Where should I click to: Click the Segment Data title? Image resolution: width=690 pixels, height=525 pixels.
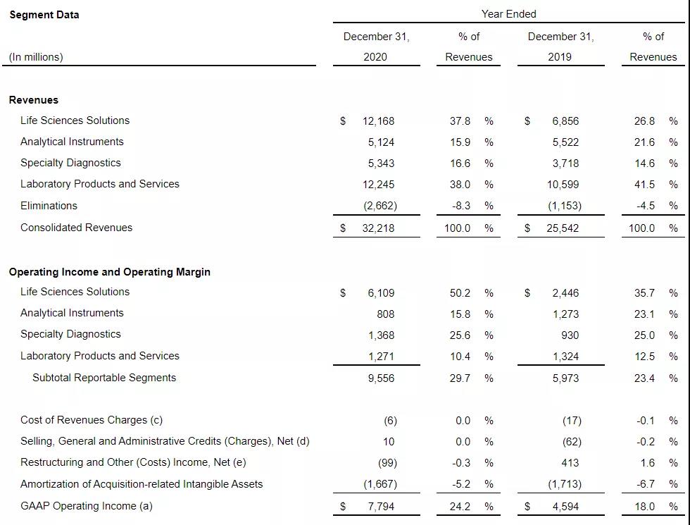pos(44,15)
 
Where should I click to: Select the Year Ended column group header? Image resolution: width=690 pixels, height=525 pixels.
pos(508,14)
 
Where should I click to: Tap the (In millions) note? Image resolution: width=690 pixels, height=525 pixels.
pos(36,57)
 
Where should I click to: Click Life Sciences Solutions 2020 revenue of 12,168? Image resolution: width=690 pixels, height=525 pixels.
pos(378,121)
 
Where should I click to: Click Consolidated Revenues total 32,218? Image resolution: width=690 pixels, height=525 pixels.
pos(378,228)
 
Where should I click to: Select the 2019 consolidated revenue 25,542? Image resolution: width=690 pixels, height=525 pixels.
pos(563,228)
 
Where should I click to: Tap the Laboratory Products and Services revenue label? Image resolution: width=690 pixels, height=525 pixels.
pos(99,184)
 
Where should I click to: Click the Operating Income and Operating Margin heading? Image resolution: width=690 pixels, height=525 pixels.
pos(109,272)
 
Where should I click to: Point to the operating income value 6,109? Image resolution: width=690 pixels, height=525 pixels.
pos(381,292)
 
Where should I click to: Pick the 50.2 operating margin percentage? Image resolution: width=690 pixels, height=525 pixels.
pos(460,292)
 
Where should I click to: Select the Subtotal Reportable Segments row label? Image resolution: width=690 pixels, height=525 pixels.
pos(104,378)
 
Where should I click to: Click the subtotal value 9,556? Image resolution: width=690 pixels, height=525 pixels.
pos(381,378)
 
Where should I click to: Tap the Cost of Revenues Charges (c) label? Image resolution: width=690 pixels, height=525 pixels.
pos(92,420)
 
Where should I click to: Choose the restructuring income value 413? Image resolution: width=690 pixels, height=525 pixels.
pos(570,463)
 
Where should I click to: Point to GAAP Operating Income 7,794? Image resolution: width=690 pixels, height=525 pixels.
pos(381,507)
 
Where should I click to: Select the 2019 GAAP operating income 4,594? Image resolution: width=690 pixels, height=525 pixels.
pos(565,507)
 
